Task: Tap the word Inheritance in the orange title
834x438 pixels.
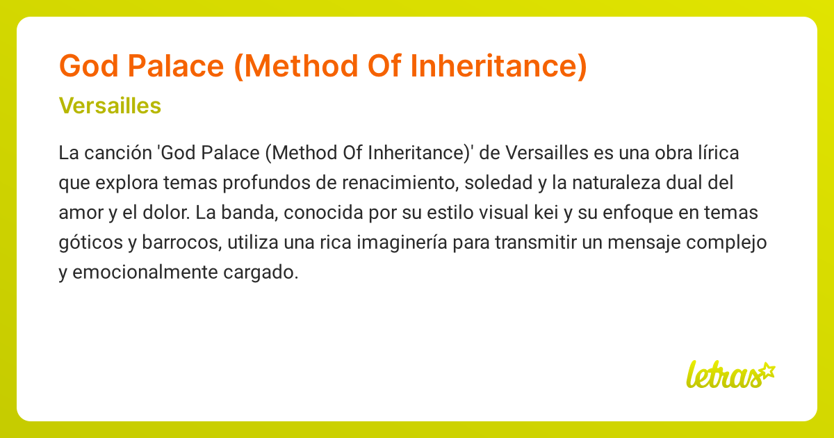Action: pos(496,66)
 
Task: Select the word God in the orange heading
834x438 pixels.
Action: pos(87,66)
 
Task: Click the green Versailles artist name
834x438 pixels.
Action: pos(111,106)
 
